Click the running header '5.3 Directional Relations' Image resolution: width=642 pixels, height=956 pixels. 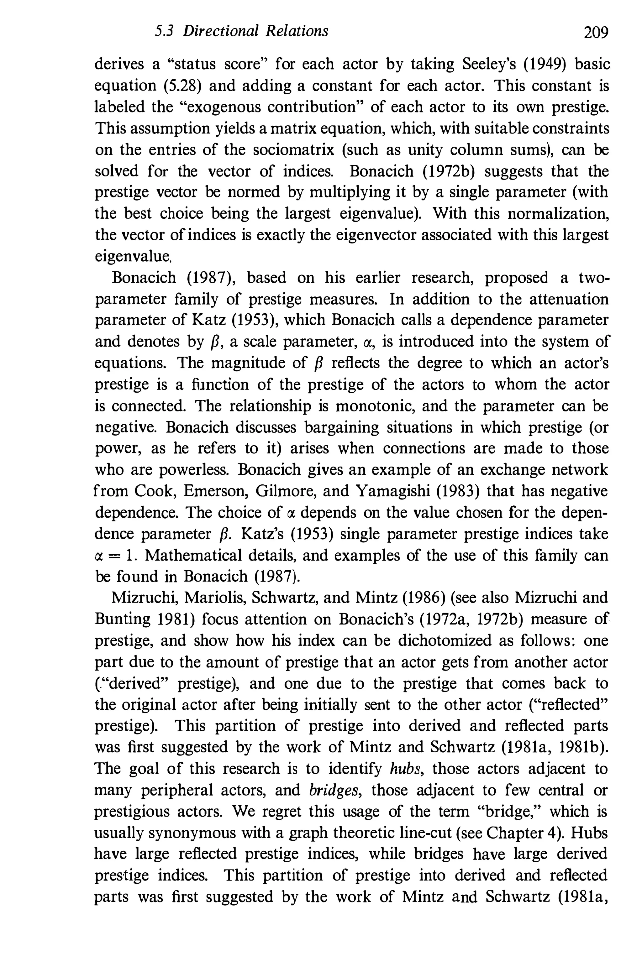coord(242,31)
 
